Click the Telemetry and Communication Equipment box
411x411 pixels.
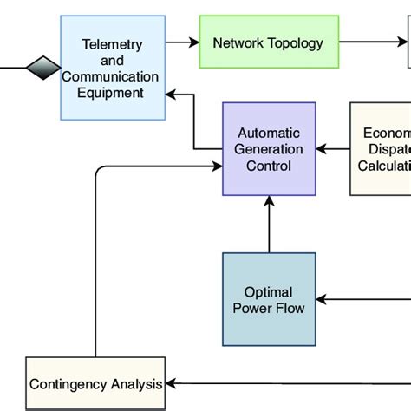pos(113,68)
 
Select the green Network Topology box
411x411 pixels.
pos(269,42)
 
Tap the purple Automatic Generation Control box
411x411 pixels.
pos(269,148)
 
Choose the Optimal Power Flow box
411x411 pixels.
pos(269,300)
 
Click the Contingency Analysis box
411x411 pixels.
pos(95,383)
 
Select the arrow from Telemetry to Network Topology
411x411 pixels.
pos(182,42)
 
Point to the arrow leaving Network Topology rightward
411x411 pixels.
pos(373,42)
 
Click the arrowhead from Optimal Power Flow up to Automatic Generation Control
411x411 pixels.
pos(269,201)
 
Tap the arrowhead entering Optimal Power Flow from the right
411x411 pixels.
pos(322,300)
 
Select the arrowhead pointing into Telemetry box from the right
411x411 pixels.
pos(172,93)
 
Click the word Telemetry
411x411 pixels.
pos(112,44)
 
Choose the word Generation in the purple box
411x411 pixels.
pos(269,149)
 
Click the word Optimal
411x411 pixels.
pos(269,292)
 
